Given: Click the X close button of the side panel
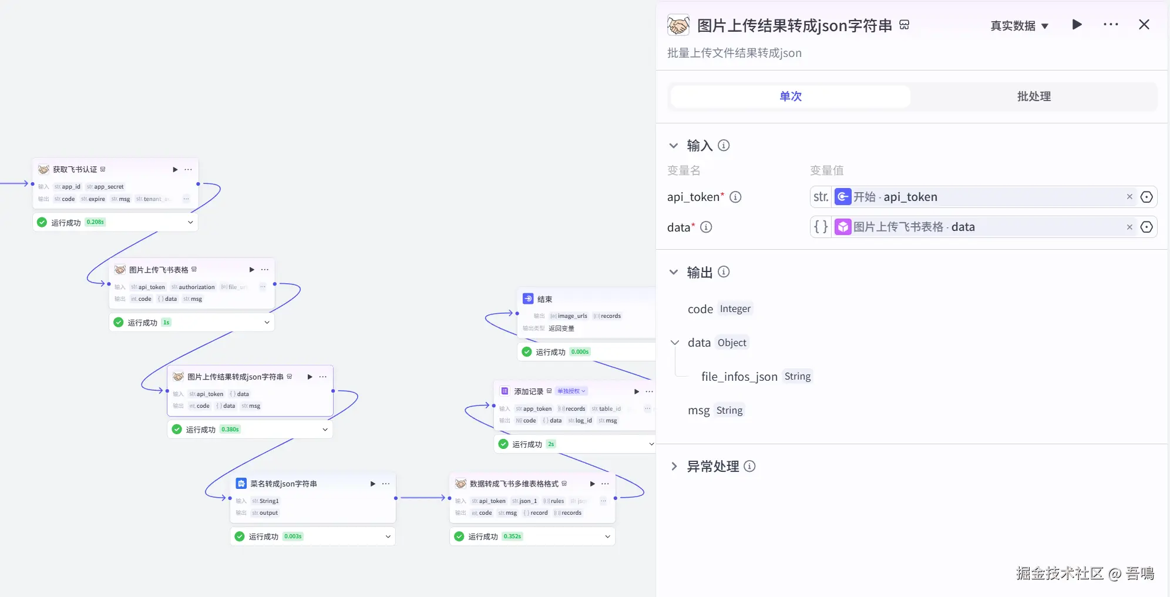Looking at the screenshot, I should point(1144,25).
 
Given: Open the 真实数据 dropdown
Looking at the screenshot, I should point(1019,26).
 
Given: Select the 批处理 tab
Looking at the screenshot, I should point(1034,96).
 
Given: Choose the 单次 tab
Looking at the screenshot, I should point(790,96).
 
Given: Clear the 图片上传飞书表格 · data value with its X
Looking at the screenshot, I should point(1129,227).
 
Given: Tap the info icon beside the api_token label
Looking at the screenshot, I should point(735,197).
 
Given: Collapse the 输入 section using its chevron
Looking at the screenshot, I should point(674,146).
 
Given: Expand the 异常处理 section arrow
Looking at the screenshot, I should point(674,467).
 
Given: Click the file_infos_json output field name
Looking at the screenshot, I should point(739,377).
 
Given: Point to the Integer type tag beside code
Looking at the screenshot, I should point(735,309).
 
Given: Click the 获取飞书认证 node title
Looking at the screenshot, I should point(75,170).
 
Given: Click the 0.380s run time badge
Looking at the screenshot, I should point(230,430).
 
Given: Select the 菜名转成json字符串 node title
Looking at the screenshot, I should point(283,484).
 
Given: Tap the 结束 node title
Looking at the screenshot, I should point(544,299).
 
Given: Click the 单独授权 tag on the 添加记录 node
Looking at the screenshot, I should point(571,391).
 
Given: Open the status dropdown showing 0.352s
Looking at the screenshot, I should point(607,536).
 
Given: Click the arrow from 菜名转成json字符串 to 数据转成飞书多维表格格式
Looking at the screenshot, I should point(422,498).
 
